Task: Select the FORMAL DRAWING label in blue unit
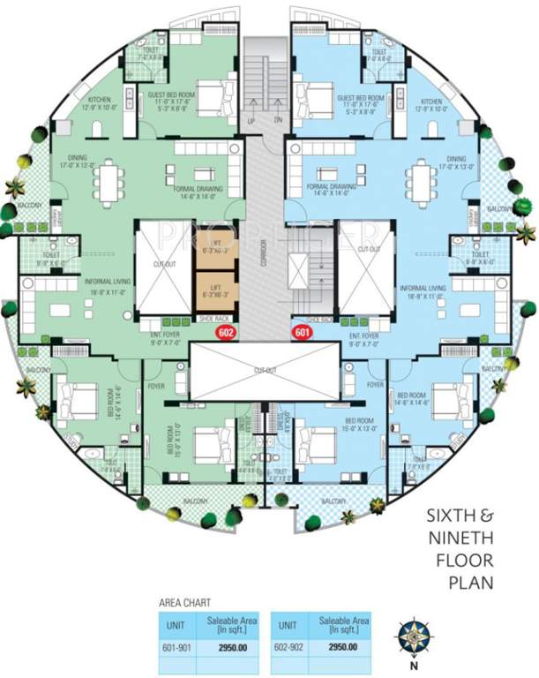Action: pyautogui.click(x=331, y=187)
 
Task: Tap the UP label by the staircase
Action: pyautogui.click(x=252, y=119)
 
